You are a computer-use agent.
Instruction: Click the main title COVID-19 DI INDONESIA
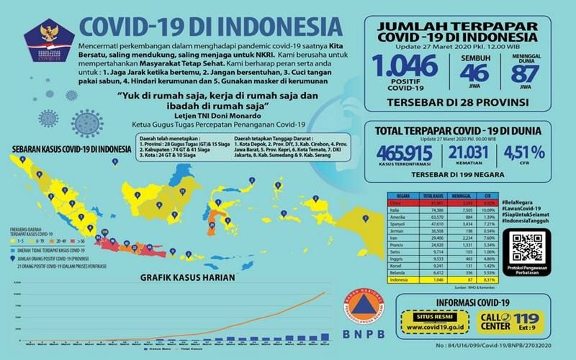pos(200,25)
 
